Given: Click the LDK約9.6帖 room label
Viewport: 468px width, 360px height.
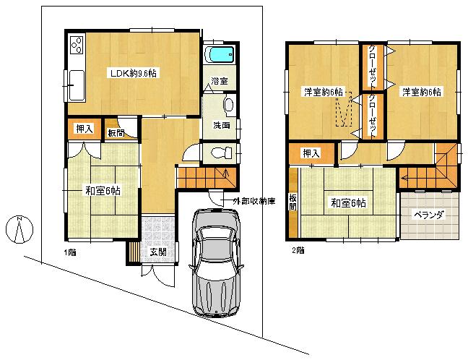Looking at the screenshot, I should [134, 73].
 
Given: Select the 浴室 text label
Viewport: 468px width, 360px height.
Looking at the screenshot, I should [220, 82].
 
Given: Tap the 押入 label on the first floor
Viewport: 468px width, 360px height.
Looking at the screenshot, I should [84, 129].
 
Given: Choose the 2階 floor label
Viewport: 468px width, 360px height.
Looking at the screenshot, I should [298, 251].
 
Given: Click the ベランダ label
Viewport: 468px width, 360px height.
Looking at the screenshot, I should [429, 215].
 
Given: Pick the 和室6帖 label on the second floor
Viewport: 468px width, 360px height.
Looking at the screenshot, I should [348, 203].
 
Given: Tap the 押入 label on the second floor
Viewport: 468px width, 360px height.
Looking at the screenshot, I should [311, 153].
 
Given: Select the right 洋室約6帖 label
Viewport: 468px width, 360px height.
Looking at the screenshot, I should [422, 92].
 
